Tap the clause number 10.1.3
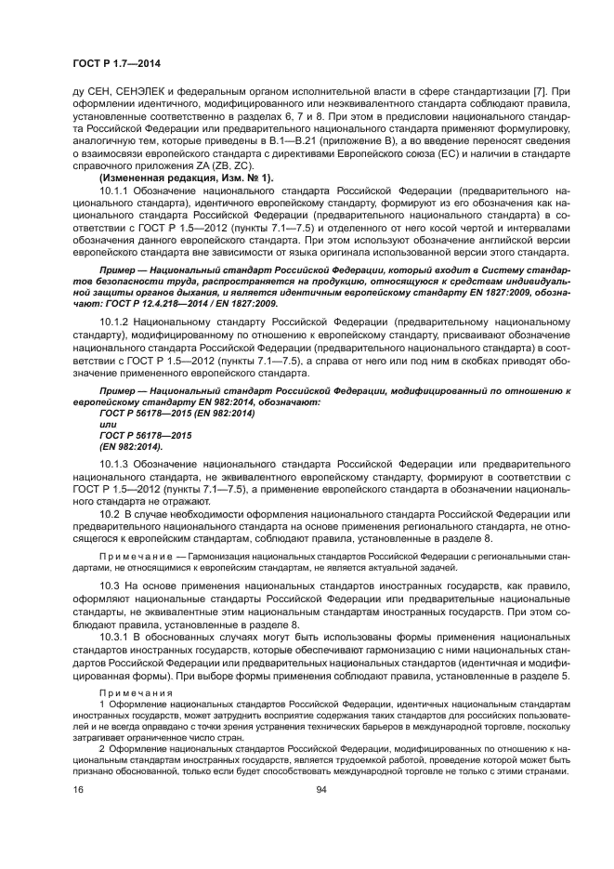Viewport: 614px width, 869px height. [115, 462]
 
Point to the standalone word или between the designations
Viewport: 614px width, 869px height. [93, 422]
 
